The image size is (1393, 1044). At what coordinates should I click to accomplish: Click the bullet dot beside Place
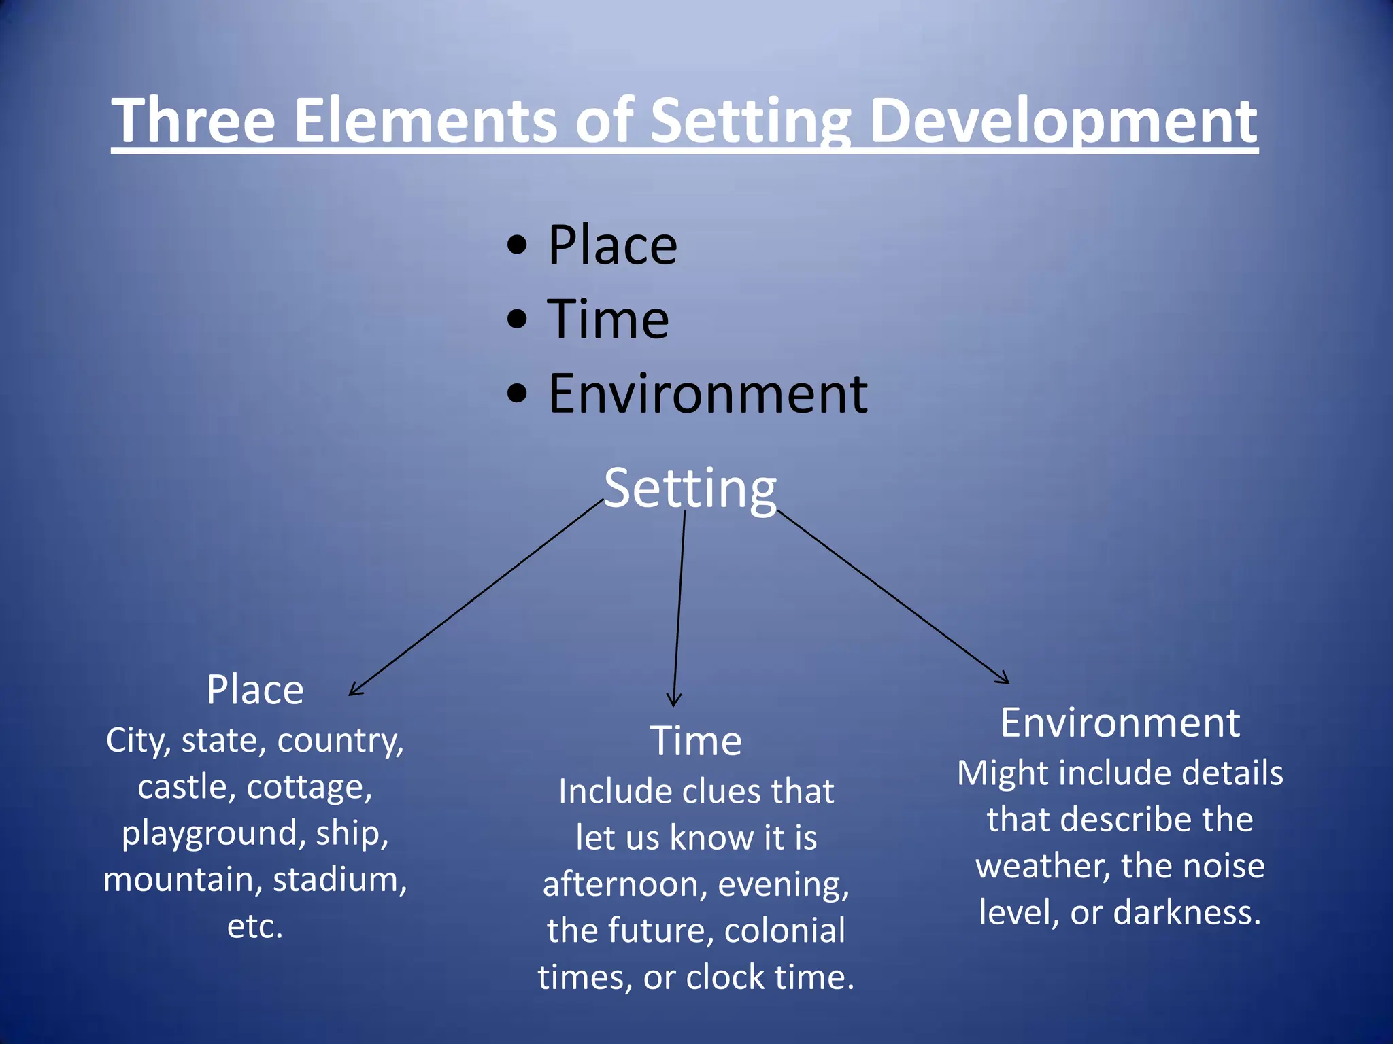[x=517, y=245]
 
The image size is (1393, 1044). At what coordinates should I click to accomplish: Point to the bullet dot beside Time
[x=517, y=319]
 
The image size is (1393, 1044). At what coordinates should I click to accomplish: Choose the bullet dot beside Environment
[x=517, y=394]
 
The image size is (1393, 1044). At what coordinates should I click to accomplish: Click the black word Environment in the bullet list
[x=707, y=394]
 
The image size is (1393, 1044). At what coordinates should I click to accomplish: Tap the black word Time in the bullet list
[x=608, y=319]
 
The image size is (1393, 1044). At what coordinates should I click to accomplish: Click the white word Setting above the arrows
[x=690, y=488]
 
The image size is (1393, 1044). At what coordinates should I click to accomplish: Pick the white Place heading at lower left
[x=255, y=690]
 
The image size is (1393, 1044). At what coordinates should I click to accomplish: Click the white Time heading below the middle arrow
[x=696, y=740]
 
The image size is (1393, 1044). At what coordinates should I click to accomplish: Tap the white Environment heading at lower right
[x=1120, y=723]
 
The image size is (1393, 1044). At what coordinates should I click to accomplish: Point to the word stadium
[x=339, y=880]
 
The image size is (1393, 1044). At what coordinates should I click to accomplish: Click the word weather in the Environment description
[x=1043, y=866]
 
